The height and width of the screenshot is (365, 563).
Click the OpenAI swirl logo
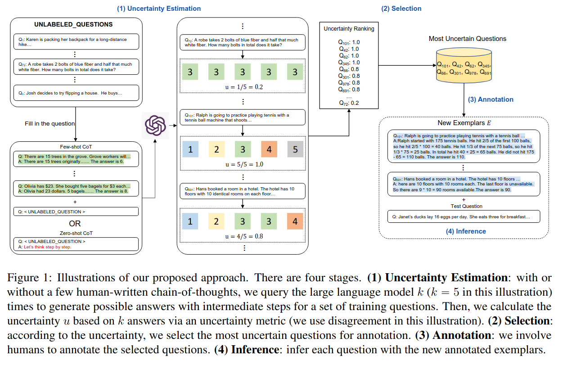coord(155,126)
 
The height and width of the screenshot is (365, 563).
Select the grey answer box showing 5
coord(295,149)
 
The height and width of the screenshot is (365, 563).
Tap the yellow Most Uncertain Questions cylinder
coord(464,65)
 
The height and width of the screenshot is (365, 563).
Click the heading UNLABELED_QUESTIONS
coord(73,24)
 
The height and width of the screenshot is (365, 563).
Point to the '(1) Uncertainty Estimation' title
coord(159,9)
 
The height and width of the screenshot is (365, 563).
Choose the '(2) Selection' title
coord(401,9)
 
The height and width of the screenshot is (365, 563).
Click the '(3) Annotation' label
coord(491,99)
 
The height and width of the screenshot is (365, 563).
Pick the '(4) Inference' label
coord(466,231)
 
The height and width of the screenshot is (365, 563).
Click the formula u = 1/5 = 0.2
coord(244,87)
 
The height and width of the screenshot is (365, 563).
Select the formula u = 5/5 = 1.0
coord(244,164)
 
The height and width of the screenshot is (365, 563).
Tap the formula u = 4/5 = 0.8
coord(244,236)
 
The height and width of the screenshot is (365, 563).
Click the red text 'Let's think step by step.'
coord(48,247)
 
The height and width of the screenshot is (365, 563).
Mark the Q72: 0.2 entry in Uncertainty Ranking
coord(349,103)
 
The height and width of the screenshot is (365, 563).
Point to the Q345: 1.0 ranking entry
coord(349,63)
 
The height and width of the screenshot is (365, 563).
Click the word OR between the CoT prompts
coord(75,224)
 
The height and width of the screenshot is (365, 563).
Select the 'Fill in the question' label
coord(50,124)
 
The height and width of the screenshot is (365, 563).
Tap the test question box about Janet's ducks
coord(464,216)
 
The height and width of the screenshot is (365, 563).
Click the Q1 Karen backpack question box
coord(76,42)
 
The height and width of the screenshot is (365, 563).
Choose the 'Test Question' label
coord(467,207)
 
